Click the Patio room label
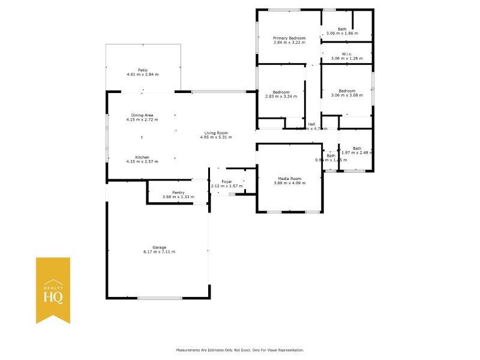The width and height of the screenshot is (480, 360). click(x=142, y=70)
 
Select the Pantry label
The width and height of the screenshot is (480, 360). click(x=178, y=193)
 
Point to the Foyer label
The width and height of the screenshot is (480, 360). click(x=227, y=181)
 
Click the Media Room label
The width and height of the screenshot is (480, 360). click(x=289, y=178)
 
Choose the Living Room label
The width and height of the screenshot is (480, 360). click(x=216, y=133)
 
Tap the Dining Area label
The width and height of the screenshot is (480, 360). click(x=142, y=115)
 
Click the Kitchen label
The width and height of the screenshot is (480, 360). click(x=142, y=157)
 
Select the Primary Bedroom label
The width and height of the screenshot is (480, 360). click(x=289, y=38)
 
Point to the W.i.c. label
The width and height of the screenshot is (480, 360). click(x=347, y=54)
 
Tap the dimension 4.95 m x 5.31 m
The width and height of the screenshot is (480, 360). click(x=216, y=137)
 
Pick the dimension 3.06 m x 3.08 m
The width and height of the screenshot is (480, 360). click(x=347, y=95)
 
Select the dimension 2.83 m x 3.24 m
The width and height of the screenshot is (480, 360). click(x=281, y=97)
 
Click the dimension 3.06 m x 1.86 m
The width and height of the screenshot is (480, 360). click(x=342, y=34)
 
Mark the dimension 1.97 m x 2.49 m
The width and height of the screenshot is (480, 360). click(x=358, y=153)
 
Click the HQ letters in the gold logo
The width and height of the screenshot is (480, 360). click(x=53, y=296)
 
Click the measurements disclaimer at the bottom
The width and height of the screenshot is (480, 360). click(x=240, y=350)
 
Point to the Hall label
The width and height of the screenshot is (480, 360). click(x=312, y=124)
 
